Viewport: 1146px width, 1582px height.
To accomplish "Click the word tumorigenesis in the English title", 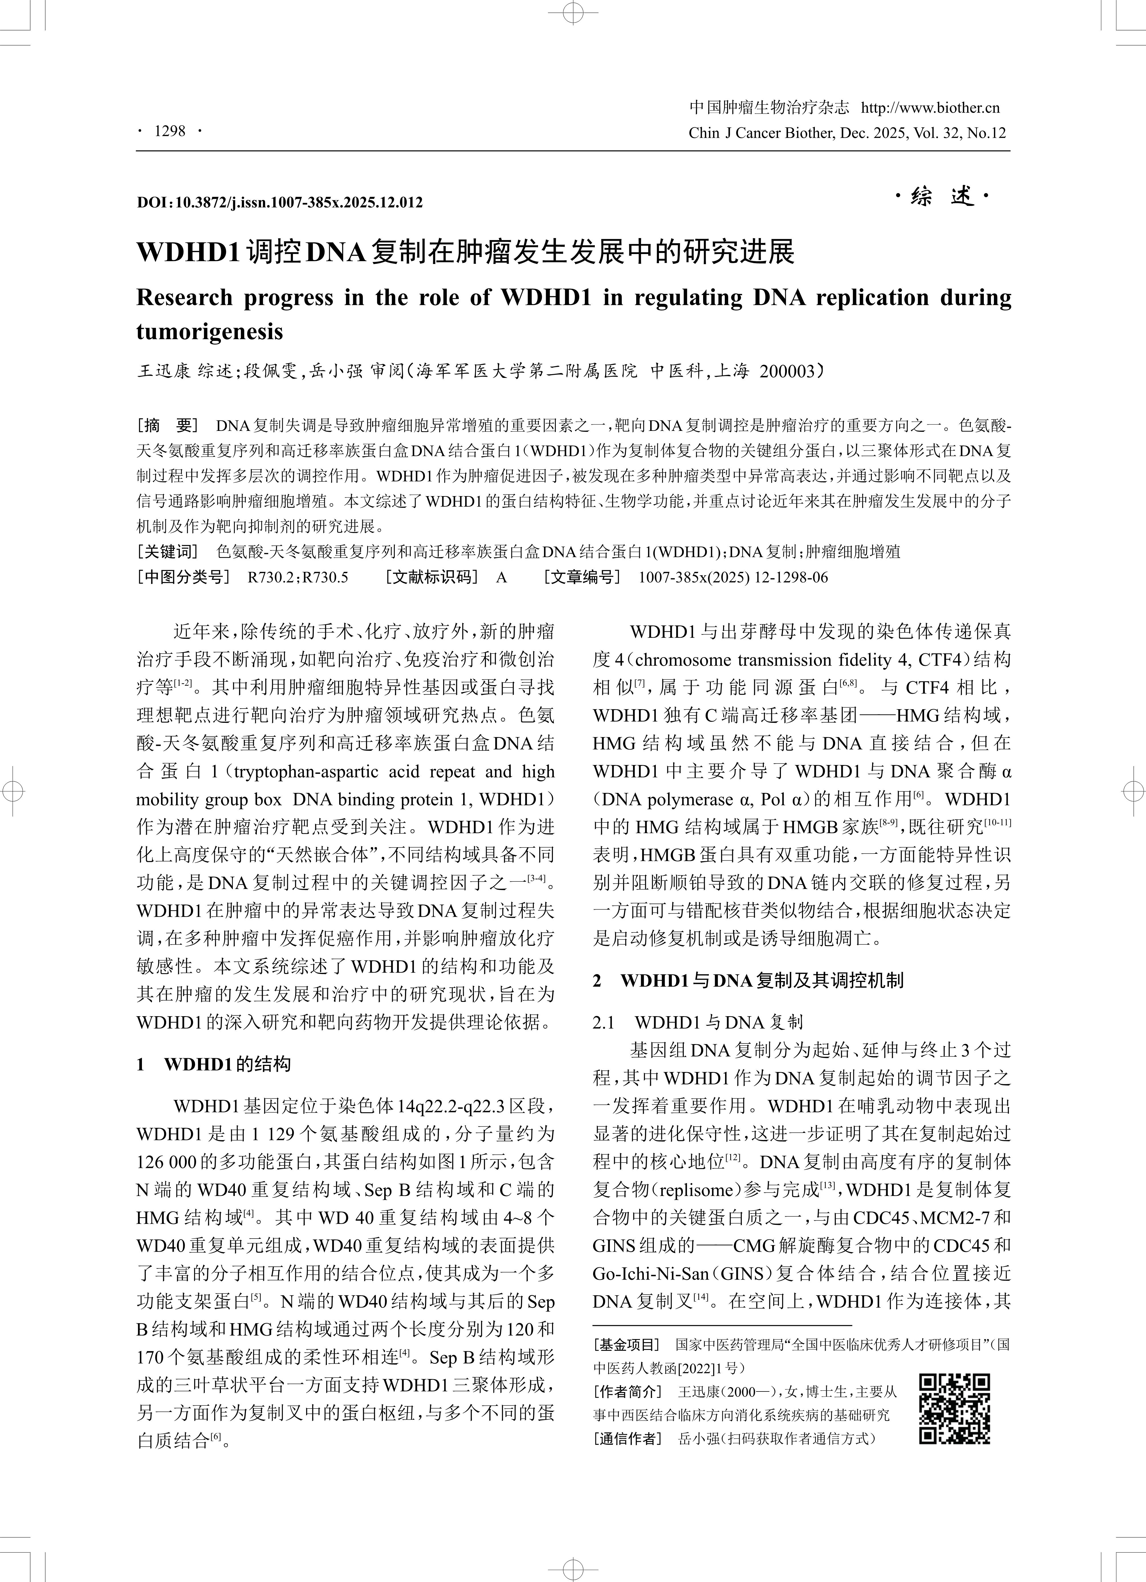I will click(x=209, y=331).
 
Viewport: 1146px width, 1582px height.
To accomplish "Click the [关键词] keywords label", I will click(x=168, y=552).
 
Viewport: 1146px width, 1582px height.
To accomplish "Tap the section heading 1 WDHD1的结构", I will click(x=213, y=1064).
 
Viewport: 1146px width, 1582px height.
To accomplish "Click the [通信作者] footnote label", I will click(x=626, y=1438).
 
